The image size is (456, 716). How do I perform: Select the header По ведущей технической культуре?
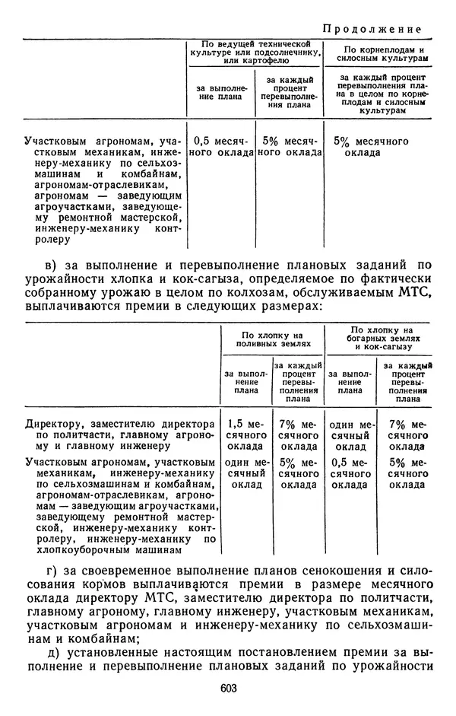pyautogui.click(x=254, y=53)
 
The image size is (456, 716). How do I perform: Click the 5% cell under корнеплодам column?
pyautogui.click(x=372, y=147)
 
